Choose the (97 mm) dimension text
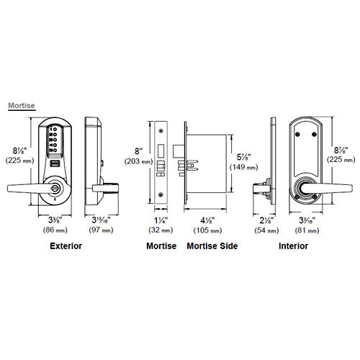(100, 230)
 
